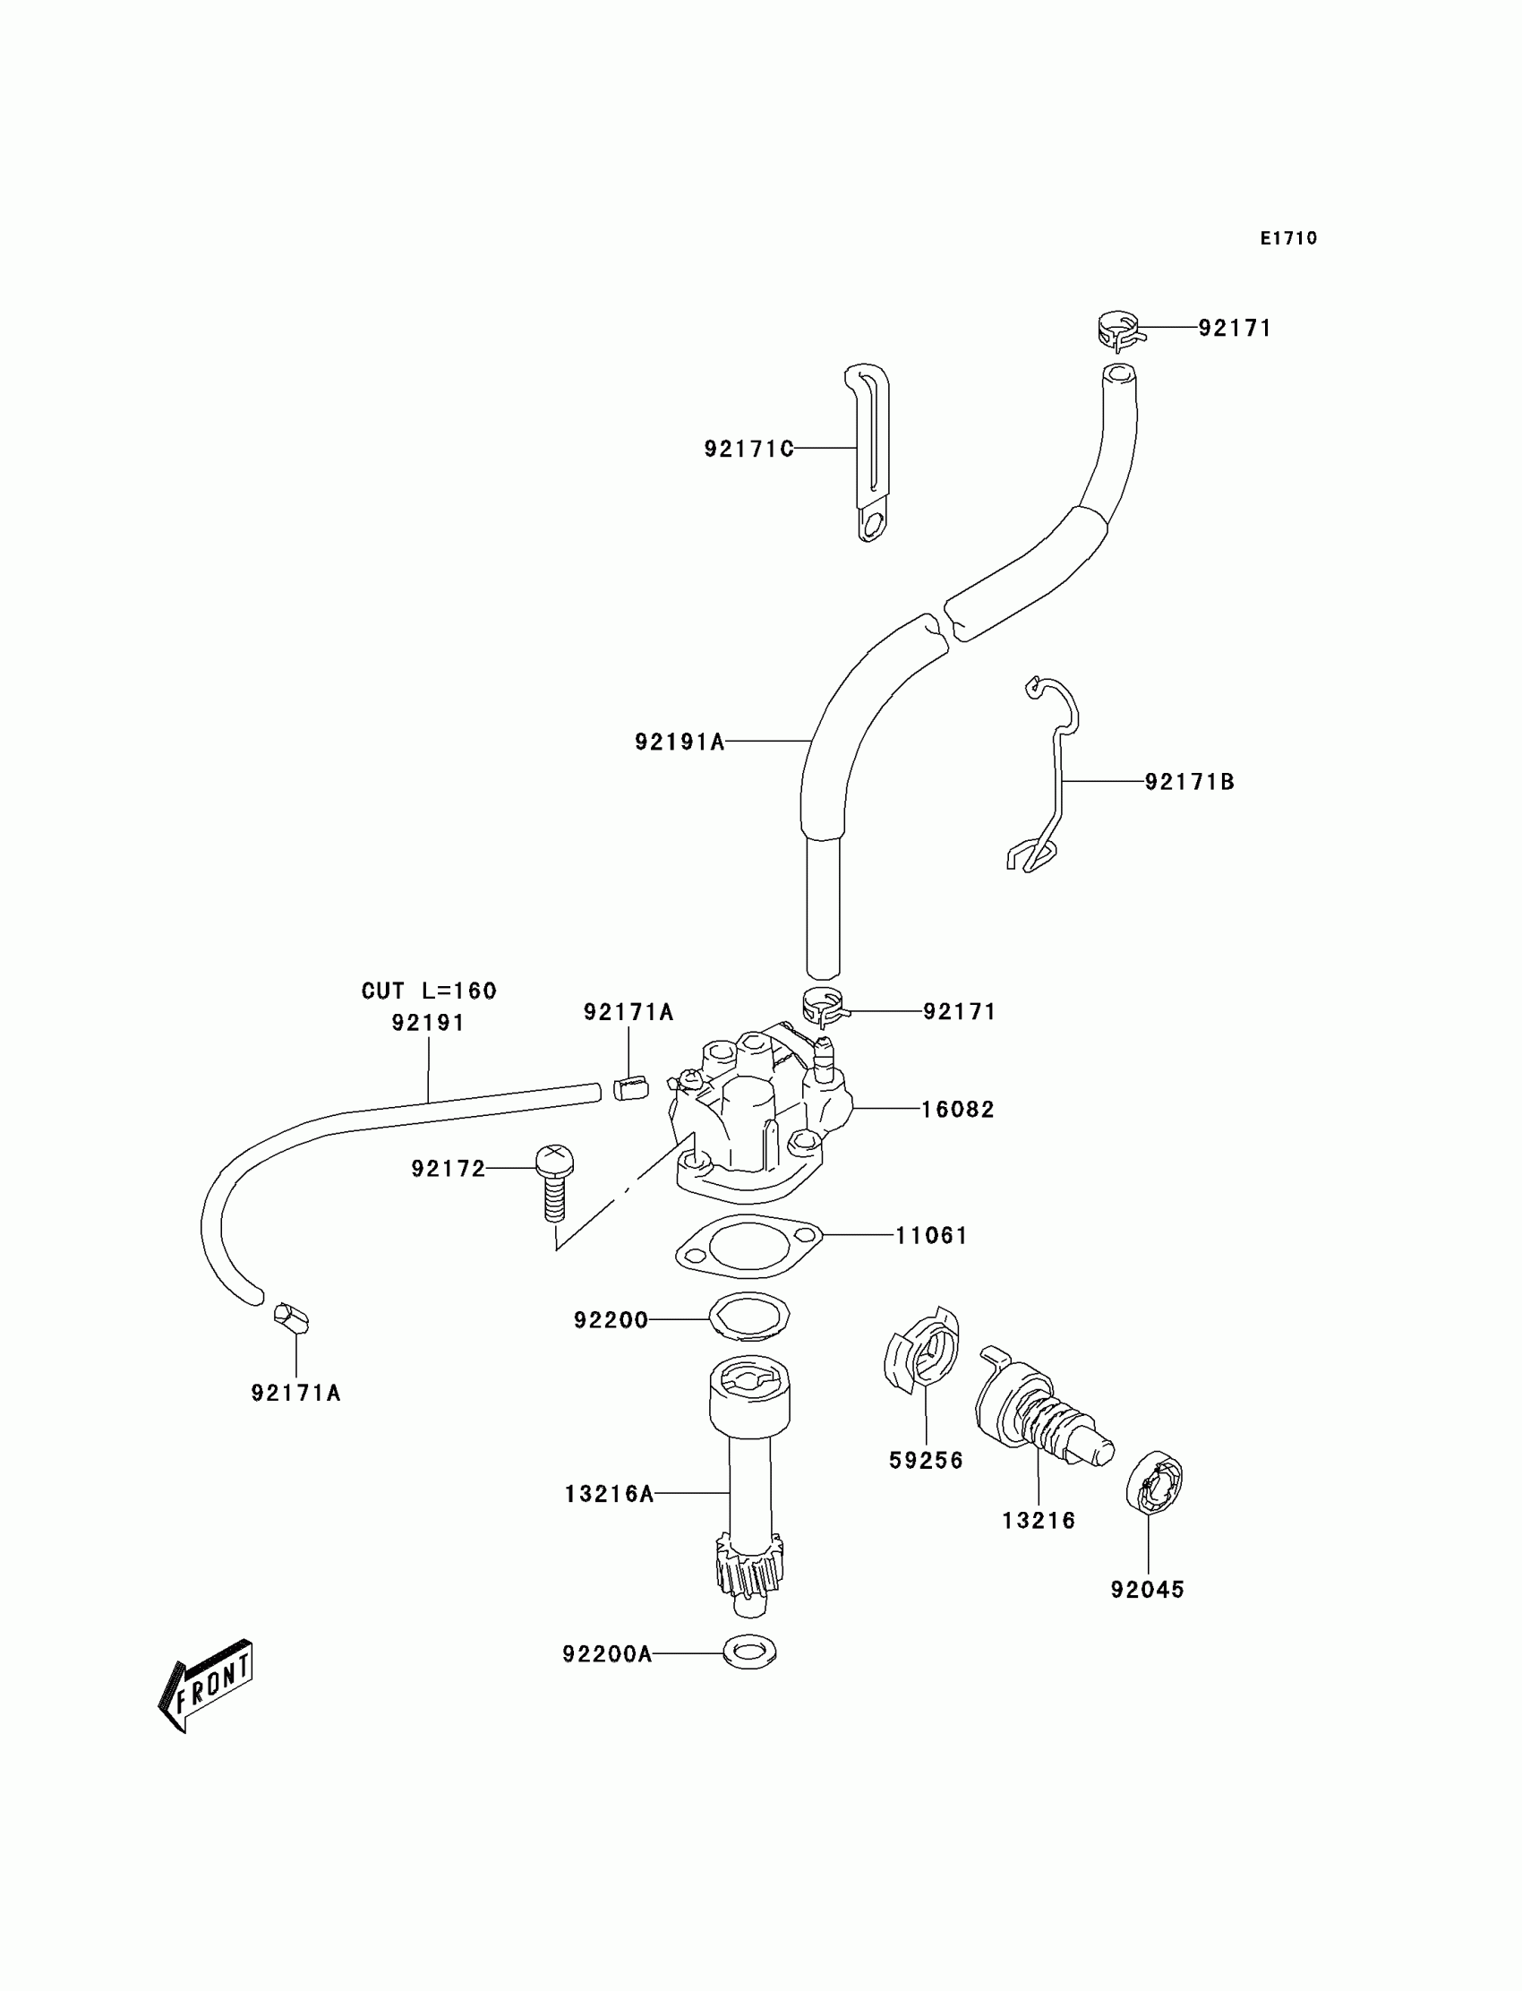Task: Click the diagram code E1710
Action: click(1288, 238)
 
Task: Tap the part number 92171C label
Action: click(748, 449)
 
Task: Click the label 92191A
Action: click(680, 742)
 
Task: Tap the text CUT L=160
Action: click(429, 991)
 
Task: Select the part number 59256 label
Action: click(926, 1460)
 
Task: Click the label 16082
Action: click(958, 1109)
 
